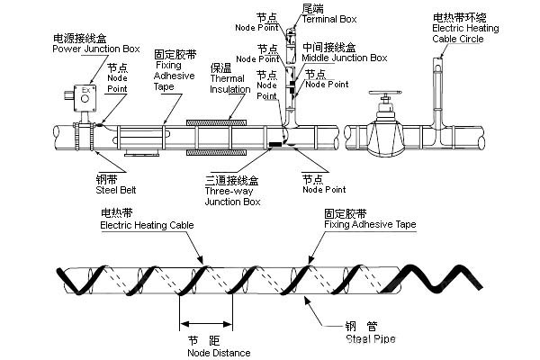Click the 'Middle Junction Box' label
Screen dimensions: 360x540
point(345,58)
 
